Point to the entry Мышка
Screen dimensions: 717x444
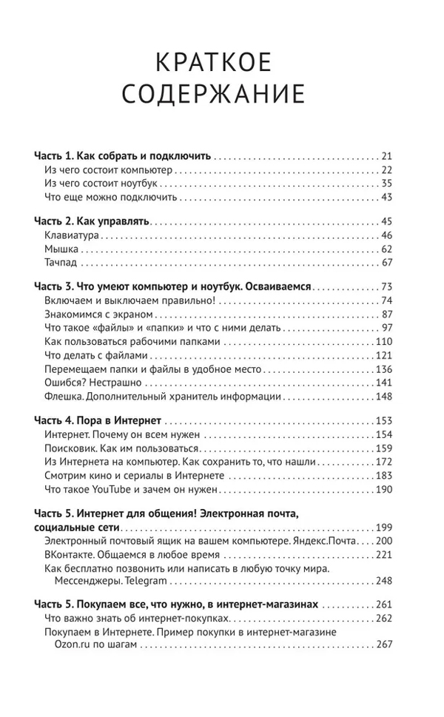[61, 249]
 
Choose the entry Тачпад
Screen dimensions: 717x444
[61, 263]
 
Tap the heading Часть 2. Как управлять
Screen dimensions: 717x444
[92, 221]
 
